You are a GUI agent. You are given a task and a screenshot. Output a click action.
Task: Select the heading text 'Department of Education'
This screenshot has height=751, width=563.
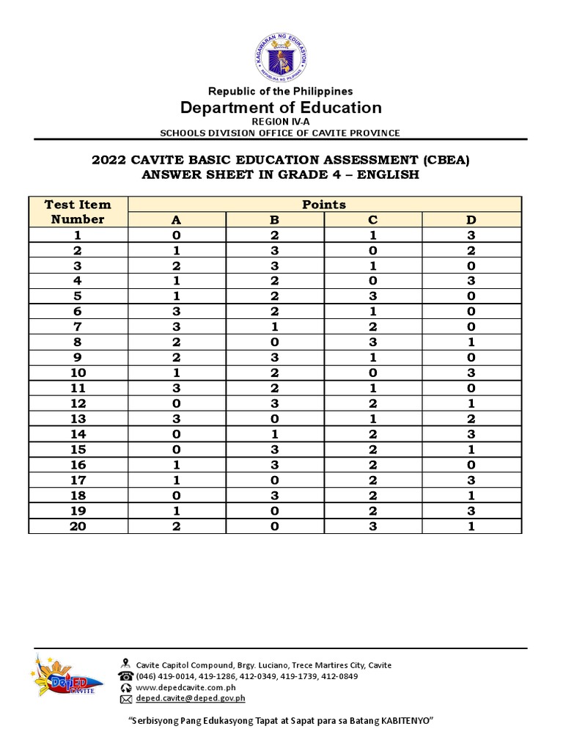tap(281, 108)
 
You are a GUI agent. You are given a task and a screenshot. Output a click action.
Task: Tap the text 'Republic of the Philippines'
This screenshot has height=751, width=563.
tap(281, 91)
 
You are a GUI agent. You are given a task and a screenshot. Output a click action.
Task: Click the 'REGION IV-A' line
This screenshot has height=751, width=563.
tap(281, 121)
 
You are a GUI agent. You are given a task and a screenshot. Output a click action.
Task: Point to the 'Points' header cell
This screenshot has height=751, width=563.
tap(324, 205)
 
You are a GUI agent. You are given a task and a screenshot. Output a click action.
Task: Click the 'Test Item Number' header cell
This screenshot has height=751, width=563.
tap(78, 212)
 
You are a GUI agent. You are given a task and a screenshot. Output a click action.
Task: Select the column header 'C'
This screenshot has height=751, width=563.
tap(372, 219)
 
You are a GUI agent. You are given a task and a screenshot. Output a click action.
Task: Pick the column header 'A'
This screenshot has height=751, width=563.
tap(176, 219)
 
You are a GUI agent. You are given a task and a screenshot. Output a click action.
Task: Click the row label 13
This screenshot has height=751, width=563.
tap(78, 419)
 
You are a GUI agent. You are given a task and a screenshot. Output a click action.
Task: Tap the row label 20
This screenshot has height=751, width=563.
tap(78, 527)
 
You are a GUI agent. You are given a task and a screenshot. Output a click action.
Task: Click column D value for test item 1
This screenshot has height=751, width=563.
tap(471, 235)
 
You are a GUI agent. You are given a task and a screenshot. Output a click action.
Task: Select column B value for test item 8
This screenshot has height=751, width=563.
tap(274, 342)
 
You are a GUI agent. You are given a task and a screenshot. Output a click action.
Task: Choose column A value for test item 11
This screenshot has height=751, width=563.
tap(176, 388)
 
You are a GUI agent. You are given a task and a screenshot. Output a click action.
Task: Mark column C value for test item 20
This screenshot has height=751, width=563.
tap(372, 527)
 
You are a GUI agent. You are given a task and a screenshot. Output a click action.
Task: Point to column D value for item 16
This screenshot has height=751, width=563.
tap(471, 465)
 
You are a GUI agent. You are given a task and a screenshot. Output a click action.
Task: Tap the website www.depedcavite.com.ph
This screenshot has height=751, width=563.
tap(185, 687)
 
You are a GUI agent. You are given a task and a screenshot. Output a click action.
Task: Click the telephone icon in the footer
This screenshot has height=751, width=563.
tap(125, 676)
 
